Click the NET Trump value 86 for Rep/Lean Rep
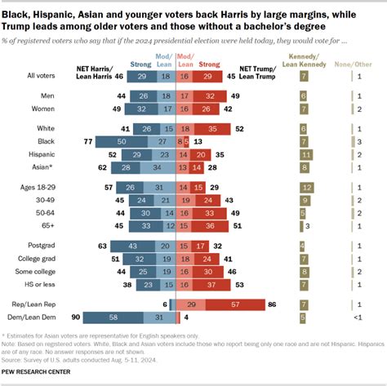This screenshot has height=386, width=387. (273, 304)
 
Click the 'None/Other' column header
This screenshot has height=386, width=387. (360, 60)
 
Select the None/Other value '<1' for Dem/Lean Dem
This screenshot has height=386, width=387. (360, 317)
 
